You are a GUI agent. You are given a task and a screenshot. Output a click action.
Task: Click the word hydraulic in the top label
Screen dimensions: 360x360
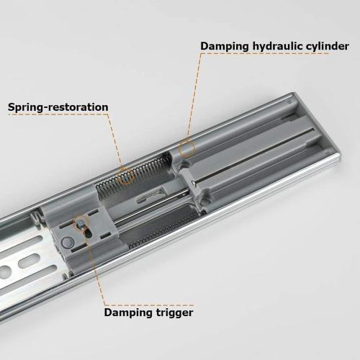274,46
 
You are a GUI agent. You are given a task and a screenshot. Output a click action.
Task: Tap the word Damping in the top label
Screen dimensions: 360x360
223,46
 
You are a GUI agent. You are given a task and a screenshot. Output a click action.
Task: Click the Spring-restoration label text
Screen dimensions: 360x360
58,107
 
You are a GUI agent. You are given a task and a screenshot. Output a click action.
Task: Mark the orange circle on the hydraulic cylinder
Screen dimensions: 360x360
187,149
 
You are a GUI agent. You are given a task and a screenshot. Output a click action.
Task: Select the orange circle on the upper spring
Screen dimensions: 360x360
126,175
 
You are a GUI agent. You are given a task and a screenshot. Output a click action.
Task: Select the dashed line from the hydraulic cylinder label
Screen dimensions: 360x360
194,94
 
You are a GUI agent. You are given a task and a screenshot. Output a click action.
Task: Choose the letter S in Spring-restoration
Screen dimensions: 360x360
12,107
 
